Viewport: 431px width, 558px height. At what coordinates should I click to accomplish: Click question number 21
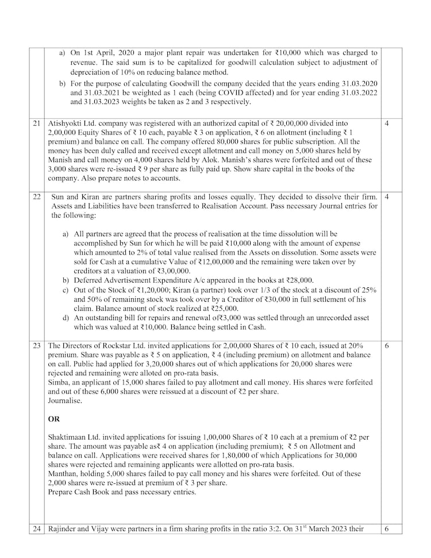(x=37, y=123)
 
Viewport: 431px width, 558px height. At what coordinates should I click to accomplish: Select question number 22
(x=37, y=197)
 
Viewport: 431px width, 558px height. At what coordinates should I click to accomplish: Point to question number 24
(x=37, y=529)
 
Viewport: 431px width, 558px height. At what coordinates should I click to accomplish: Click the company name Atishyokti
(x=67, y=123)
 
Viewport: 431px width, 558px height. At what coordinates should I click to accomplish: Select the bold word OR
(x=54, y=420)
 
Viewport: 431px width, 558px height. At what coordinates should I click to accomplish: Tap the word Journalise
(x=65, y=401)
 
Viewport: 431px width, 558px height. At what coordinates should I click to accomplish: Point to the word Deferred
(x=89, y=280)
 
